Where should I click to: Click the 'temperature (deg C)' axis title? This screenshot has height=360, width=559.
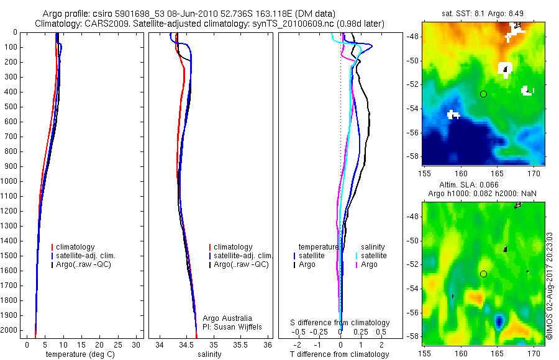click(78, 354)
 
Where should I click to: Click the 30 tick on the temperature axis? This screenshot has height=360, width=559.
click(136, 344)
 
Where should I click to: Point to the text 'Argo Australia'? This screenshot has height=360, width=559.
click(227, 318)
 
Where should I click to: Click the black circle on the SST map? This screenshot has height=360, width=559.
click(483, 94)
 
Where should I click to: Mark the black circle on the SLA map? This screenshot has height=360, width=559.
click(483, 274)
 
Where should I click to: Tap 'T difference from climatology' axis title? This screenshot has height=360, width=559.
click(340, 354)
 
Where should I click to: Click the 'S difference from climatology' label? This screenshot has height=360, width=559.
click(340, 323)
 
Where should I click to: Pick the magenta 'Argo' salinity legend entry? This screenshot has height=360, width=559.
click(369, 264)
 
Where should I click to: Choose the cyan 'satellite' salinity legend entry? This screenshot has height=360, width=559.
click(373, 256)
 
